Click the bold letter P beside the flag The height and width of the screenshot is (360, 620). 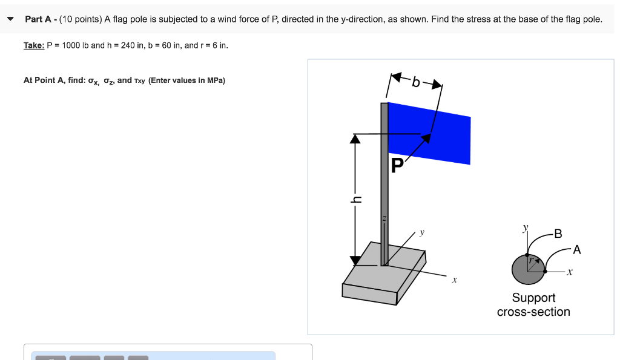(x=397, y=165)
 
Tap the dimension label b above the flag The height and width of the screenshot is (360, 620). (x=416, y=82)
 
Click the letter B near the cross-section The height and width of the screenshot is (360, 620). (x=558, y=233)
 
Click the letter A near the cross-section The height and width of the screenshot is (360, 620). (x=576, y=249)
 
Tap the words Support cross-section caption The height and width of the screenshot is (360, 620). (x=533, y=305)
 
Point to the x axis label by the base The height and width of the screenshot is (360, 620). (x=454, y=280)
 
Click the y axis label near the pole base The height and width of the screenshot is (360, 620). (x=422, y=232)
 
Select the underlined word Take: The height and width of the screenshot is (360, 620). (x=33, y=45)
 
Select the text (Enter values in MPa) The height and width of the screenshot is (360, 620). (x=186, y=80)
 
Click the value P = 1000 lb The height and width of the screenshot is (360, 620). (x=67, y=45)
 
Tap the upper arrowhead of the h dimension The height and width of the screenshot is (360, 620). (x=355, y=139)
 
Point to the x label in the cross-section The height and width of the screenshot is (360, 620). (x=569, y=273)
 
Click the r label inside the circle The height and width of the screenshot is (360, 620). (x=530, y=261)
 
